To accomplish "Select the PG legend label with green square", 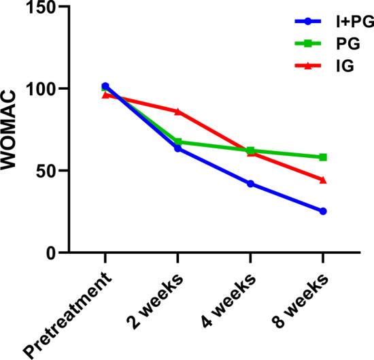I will (x=343, y=44).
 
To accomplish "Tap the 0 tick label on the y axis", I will (x=54, y=253).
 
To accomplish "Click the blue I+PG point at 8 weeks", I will (x=323, y=211).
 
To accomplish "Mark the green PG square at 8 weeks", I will (x=323, y=157).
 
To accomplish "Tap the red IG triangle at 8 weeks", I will (x=323, y=180).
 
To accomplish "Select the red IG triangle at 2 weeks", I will (x=177, y=111).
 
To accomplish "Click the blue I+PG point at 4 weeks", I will (x=250, y=184).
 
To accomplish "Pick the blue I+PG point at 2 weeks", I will (x=177, y=148).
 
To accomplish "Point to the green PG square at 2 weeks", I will (x=177, y=142).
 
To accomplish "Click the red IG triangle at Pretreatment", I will (x=105, y=95).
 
